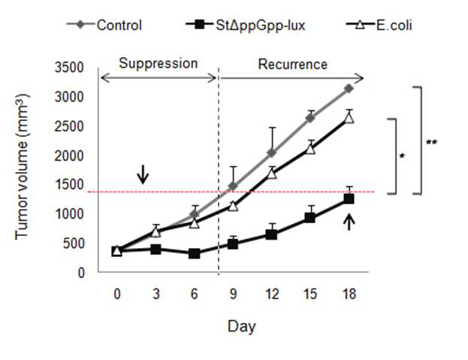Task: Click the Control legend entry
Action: [104, 25]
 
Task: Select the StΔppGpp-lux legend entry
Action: [246, 25]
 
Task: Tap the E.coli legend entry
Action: [379, 25]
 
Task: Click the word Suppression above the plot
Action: [159, 64]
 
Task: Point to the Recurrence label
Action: [292, 65]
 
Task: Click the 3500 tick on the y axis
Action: [69, 68]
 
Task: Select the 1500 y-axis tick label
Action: [69, 185]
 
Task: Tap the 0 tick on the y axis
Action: [81, 273]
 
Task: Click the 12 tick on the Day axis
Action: [272, 294]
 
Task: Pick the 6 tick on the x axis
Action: [195, 294]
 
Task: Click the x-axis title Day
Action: [242, 327]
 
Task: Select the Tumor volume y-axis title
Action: [22, 167]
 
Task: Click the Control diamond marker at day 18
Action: [349, 89]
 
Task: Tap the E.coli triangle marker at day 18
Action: [349, 118]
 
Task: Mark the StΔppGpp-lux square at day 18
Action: [349, 198]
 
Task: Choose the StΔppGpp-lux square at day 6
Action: [195, 254]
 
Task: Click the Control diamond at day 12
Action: [272, 153]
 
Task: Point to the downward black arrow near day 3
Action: [143, 174]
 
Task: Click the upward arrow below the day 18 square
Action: [349, 222]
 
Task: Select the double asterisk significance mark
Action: [432, 142]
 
